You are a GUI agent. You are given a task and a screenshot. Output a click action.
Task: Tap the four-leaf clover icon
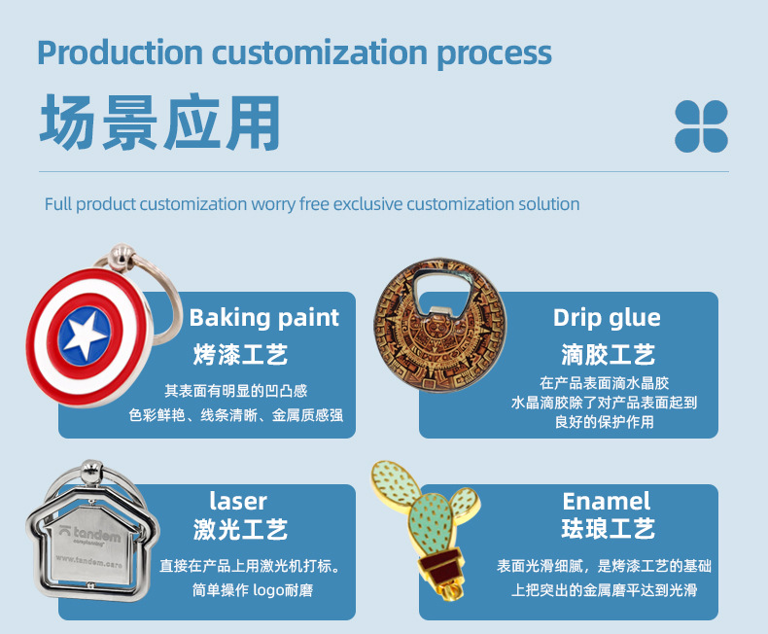701,126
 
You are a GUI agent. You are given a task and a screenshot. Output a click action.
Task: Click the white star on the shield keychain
86,335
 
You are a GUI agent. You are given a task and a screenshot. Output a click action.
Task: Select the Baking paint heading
263,317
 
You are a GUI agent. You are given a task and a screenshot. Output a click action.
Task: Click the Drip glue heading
607,317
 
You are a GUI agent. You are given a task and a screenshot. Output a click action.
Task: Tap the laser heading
238,501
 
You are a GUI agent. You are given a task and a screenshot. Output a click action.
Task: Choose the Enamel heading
607,501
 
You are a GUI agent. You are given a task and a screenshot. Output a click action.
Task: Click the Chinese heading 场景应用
160,124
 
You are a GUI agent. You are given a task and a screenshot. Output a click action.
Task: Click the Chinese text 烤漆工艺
240,353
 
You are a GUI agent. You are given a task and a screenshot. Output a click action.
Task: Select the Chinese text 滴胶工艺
608,353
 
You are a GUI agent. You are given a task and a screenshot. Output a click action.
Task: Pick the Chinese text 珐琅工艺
608,530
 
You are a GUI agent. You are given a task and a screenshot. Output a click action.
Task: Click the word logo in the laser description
273,589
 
